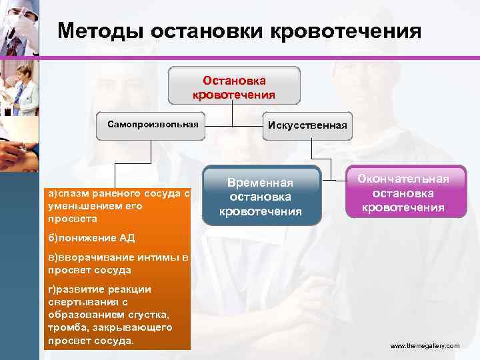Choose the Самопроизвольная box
pos(149,125)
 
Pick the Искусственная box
pos(307,125)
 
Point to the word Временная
pos(261,183)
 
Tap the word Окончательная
pos(403,179)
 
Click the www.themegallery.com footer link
pos(425,347)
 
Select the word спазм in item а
pos(72,194)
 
